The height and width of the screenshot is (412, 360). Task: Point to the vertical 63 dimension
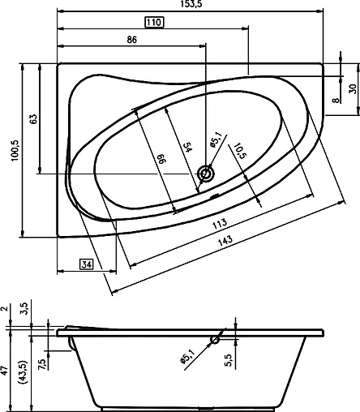pos(33,119)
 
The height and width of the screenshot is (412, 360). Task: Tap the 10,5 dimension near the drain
pos(239,150)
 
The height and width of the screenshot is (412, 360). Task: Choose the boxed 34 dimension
pos(87,263)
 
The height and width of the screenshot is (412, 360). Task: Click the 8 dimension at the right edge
pos(336,101)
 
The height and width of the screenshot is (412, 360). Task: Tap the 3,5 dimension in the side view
pos(24,308)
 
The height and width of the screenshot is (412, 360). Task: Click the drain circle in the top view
pos(207,173)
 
